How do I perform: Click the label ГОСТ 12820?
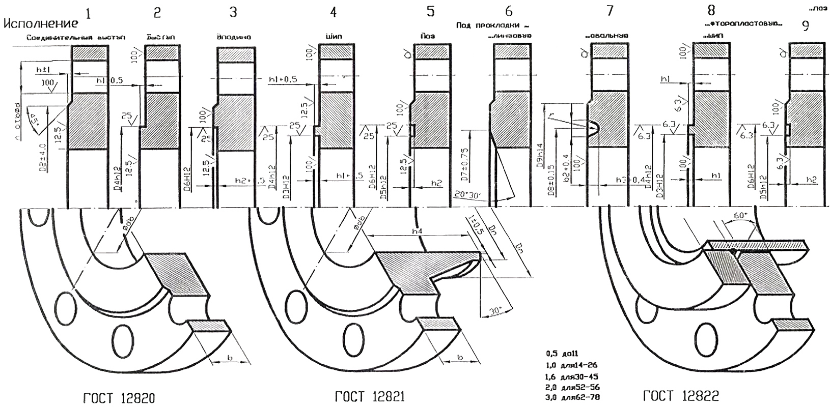116,396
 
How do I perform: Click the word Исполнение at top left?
41,23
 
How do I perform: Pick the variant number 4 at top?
334,11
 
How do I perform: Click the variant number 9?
805,25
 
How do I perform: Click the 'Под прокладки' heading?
490,24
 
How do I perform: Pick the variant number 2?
157,13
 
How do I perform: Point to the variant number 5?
431,11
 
